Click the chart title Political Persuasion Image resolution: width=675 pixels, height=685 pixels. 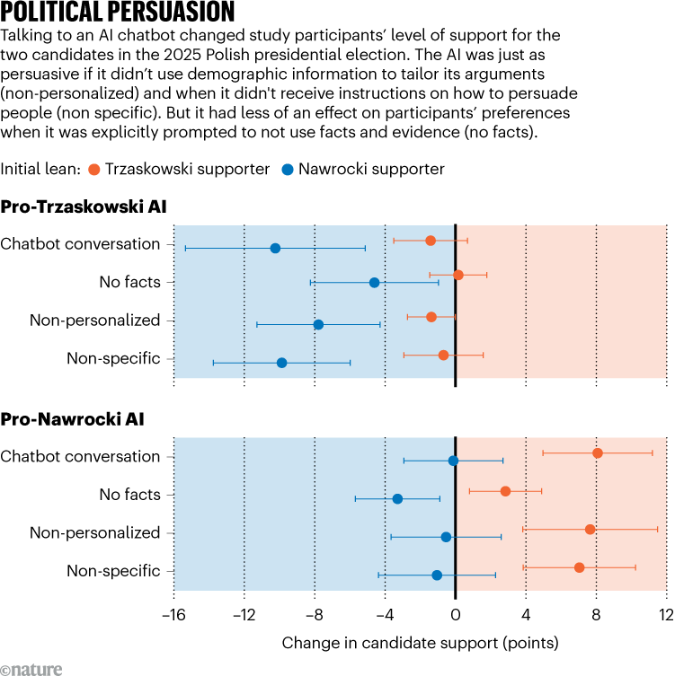click(118, 13)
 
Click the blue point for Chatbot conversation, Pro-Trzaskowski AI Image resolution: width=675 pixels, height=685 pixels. click(275, 248)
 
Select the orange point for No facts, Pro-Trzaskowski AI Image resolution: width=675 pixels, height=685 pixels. click(458, 275)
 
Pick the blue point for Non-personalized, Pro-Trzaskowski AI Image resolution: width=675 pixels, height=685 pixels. click(318, 324)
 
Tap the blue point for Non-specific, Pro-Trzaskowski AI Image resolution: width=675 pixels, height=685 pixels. click(281, 363)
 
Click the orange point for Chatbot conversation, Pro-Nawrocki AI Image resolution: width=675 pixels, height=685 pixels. click(598, 452)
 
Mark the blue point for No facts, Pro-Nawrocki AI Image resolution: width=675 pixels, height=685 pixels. click(397, 498)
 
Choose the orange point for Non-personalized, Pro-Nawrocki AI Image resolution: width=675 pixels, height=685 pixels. click(590, 529)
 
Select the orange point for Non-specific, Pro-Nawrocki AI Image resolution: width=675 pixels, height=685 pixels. click(579, 567)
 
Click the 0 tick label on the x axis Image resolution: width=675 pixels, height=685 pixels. click(456, 615)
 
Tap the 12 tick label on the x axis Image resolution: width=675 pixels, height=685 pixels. click(665, 615)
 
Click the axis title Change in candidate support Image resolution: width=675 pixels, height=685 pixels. click(420, 643)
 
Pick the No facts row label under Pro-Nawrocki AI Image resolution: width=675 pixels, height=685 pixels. click(129, 495)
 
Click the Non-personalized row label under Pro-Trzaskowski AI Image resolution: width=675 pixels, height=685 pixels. click(94, 321)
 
